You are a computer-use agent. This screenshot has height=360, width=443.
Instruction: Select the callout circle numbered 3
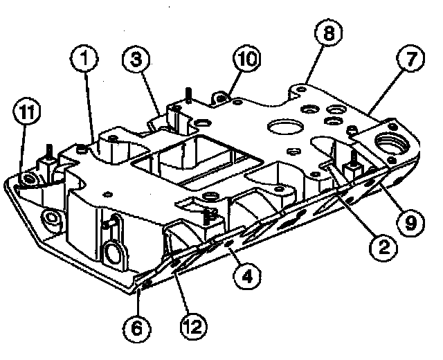tap(137, 62)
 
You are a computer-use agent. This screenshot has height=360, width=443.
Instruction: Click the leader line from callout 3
tap(156, 93)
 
